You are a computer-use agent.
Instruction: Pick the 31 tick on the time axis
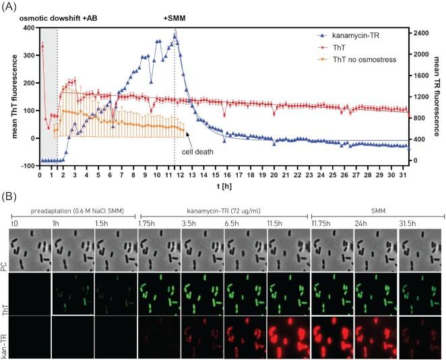click(403, 175)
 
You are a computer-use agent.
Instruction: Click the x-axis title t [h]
click(222, 185)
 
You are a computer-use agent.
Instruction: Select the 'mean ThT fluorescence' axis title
click(12, 96)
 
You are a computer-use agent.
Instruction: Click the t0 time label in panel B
click(13, 223)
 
